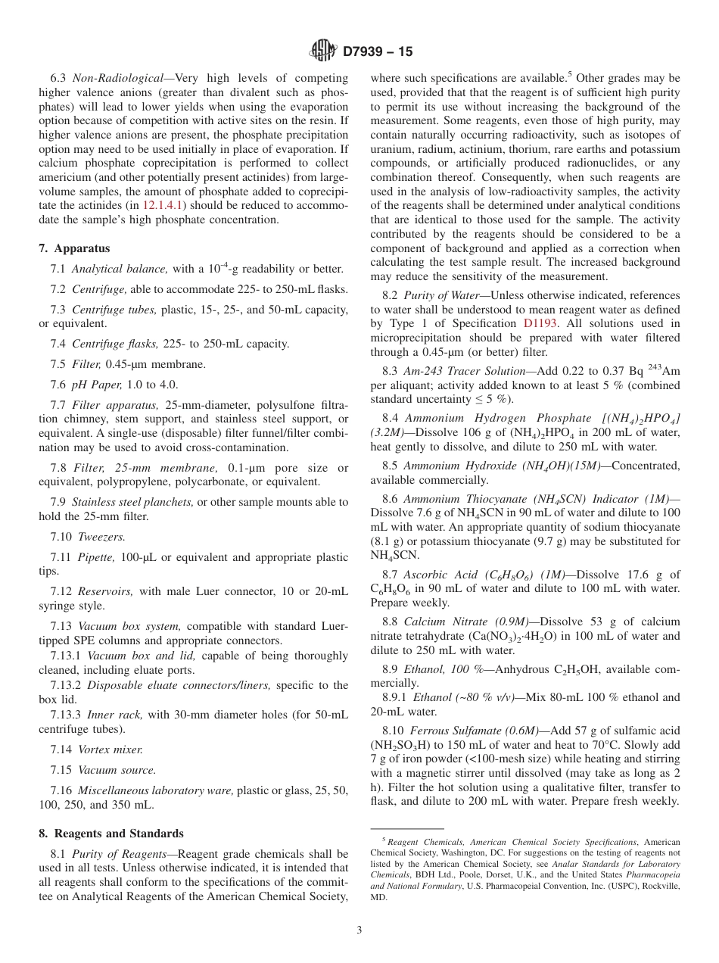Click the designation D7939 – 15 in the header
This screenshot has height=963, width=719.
pyautogui.click(x=378, y=52)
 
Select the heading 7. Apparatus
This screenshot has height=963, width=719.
pyautogui.click(x=74, y=248)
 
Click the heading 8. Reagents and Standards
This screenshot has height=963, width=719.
pyautogui.click(x=111, y=834)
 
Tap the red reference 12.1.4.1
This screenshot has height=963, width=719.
pyautogui.click(x=163, y=205)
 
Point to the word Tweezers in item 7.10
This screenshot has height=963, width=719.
pyautogui.click(x=102, y=537)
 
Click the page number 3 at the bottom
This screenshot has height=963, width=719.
pyautogui.click(x=359, y=930)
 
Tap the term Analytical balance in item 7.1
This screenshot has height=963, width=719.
pyautogui.click(x=120, y=269)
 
